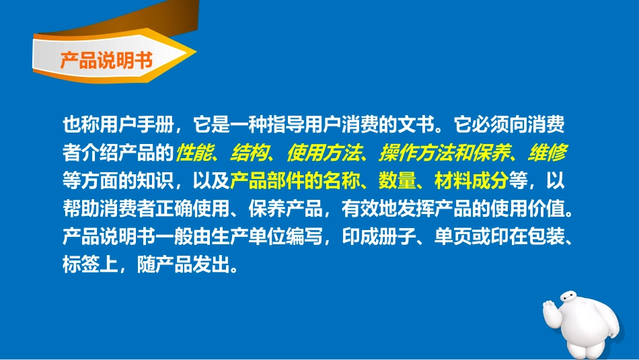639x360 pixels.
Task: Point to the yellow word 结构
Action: (x=247, y=154)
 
